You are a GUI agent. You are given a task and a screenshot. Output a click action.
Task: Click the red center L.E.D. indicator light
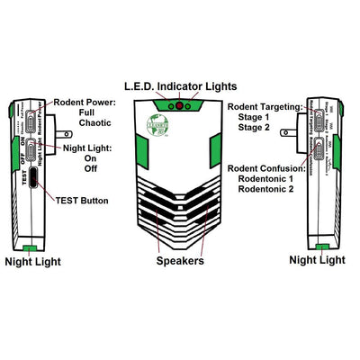point(179,106)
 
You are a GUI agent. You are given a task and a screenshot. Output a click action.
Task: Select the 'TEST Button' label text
point(85,199)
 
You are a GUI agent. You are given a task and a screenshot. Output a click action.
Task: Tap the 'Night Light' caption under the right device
point(317,260)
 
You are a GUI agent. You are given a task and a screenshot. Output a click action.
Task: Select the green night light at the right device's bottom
point(322,246)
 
